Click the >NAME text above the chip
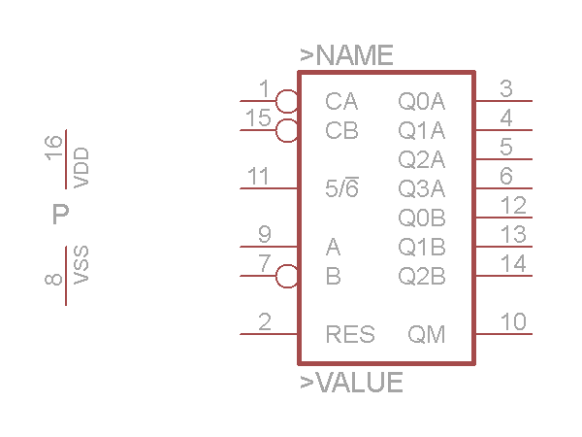point(346,55)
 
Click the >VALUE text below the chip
point(351,383)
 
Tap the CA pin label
point(341,101)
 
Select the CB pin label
point(341,130)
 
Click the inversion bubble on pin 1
point(287,100)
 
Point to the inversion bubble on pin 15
point(287,130)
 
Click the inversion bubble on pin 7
point(287,276)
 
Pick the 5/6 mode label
point(341,189)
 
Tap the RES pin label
point(350,335)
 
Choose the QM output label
point(427,335)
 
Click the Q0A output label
point(422,101)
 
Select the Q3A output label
point(422,188)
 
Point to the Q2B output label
point(422,277)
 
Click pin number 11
point(258,177)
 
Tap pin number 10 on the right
point(513,321)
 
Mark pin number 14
point(513,263)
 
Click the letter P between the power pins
point(60,215)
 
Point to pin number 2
point(265,321)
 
